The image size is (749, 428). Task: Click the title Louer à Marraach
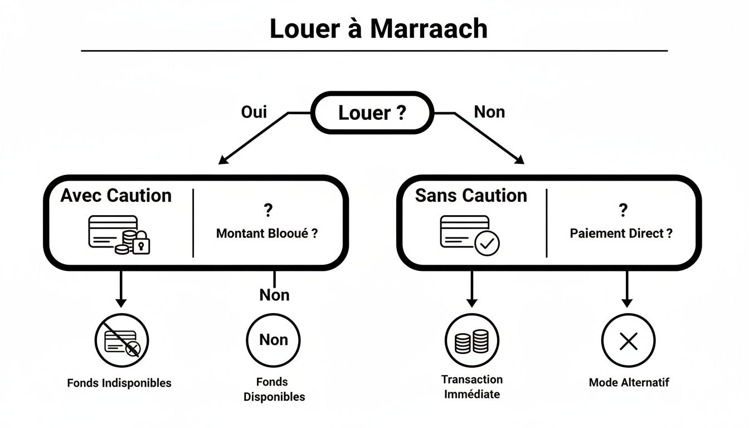(x=378, y=29)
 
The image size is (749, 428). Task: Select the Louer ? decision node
(x=372, y=113)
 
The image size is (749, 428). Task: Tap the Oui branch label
(x=254, y=112)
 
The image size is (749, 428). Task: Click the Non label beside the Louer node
(x=489, y=112)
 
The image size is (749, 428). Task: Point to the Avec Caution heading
(x=116, y=196)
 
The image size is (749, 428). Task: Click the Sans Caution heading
(x=471, y=196)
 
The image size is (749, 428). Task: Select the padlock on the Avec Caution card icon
(x=142, y=243)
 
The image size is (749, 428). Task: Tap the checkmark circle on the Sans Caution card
(x=488, y=243)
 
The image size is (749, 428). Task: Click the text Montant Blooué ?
(x=267, y=234)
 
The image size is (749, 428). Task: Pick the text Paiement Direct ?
(x=621, y=234)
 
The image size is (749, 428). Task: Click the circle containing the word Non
(x=273, y=340)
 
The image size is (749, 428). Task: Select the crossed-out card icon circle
(x=121, y=340)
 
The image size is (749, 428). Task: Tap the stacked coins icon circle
(x=471, y=340)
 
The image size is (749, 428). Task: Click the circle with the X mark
(x=628, y=340)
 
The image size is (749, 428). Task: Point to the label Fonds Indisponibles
(x=119, y=383)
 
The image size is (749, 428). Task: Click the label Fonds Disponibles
(x=274, y=390)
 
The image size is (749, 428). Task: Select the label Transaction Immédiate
(x=471, y=387)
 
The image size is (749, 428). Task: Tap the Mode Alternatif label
(x=629, y=382)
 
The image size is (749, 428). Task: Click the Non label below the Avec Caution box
(x=274, y=295)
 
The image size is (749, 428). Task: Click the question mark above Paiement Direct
(x=623, y=211)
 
